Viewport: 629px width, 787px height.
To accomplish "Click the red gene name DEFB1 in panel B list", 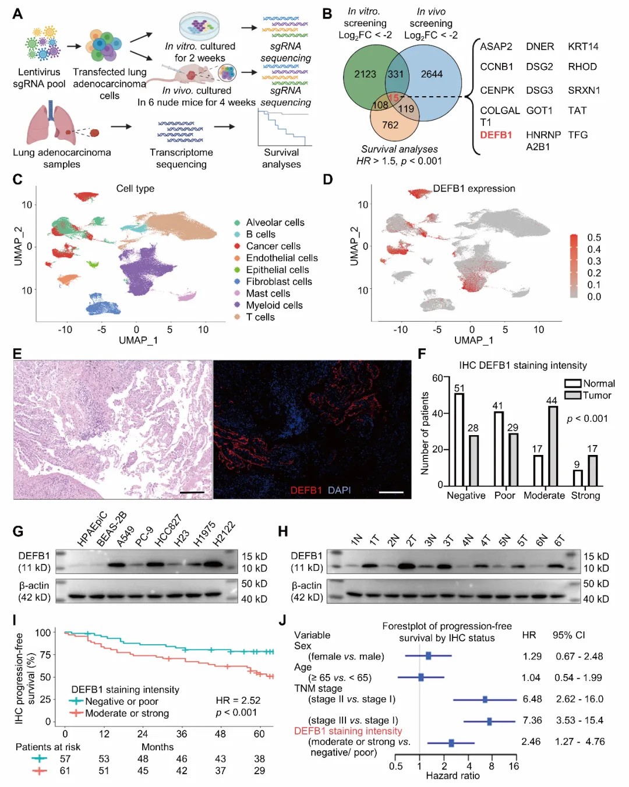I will click(x=496, y=135).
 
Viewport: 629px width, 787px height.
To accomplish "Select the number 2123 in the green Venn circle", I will click(x=365, y=74).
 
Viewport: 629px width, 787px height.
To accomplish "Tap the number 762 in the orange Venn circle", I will click(x=390, y=125).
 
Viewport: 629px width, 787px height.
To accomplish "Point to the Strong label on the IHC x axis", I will click(x=585, y=495).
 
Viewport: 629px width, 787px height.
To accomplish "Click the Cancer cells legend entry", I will click(x=273, y=246).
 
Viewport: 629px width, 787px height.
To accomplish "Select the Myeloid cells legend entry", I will click(x=274, y=305).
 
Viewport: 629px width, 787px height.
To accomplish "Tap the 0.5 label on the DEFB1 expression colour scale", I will click(x=593, y=238).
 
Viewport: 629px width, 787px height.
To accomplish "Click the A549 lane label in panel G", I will click(x=126, y=536).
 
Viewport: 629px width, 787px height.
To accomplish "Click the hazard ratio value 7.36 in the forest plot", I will click(x=532, y=721).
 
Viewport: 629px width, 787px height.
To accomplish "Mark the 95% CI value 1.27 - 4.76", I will click(x=579, y=742).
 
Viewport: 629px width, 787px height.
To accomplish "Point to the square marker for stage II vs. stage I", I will click(x=485, y=699).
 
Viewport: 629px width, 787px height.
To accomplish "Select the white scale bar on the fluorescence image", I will click(x=391, y=492).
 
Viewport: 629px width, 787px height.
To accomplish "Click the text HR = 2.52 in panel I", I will click(x=238, y=700).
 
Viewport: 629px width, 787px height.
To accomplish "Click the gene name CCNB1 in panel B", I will click(x=496, y=66).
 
